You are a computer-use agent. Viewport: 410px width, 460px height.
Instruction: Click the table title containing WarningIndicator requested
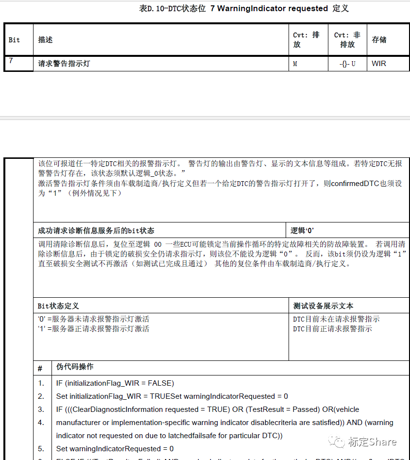tap(244, 8)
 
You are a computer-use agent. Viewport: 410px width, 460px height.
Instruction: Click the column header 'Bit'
tap(15, 40)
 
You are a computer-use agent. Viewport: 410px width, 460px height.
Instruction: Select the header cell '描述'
tap(46, 40)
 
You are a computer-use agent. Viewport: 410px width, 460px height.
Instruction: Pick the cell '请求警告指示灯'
tap(64, 64)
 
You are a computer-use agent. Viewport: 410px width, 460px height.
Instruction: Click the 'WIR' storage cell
tap(379, 64)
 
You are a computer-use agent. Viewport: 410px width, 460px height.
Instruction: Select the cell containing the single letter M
tap(295, 64)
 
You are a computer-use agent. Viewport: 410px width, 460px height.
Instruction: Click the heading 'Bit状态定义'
tap(58, 306)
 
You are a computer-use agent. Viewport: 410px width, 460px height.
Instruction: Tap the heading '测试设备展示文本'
tap(323, 306)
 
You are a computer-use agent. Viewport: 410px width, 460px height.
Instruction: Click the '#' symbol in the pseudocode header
tap(40, 368)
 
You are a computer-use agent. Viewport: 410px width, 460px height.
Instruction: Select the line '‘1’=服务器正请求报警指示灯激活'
tap(94, 329)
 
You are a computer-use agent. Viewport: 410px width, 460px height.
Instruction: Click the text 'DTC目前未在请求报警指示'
tap(336, 319)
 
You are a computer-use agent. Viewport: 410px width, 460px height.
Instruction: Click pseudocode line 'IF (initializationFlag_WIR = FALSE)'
tap(115, 383)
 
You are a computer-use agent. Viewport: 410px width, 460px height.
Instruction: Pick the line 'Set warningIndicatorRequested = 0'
tap(115, 449)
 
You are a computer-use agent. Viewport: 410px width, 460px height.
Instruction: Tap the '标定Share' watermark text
tap(372, 442)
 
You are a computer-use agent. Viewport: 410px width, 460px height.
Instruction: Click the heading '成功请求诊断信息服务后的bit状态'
tap(96, 231)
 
